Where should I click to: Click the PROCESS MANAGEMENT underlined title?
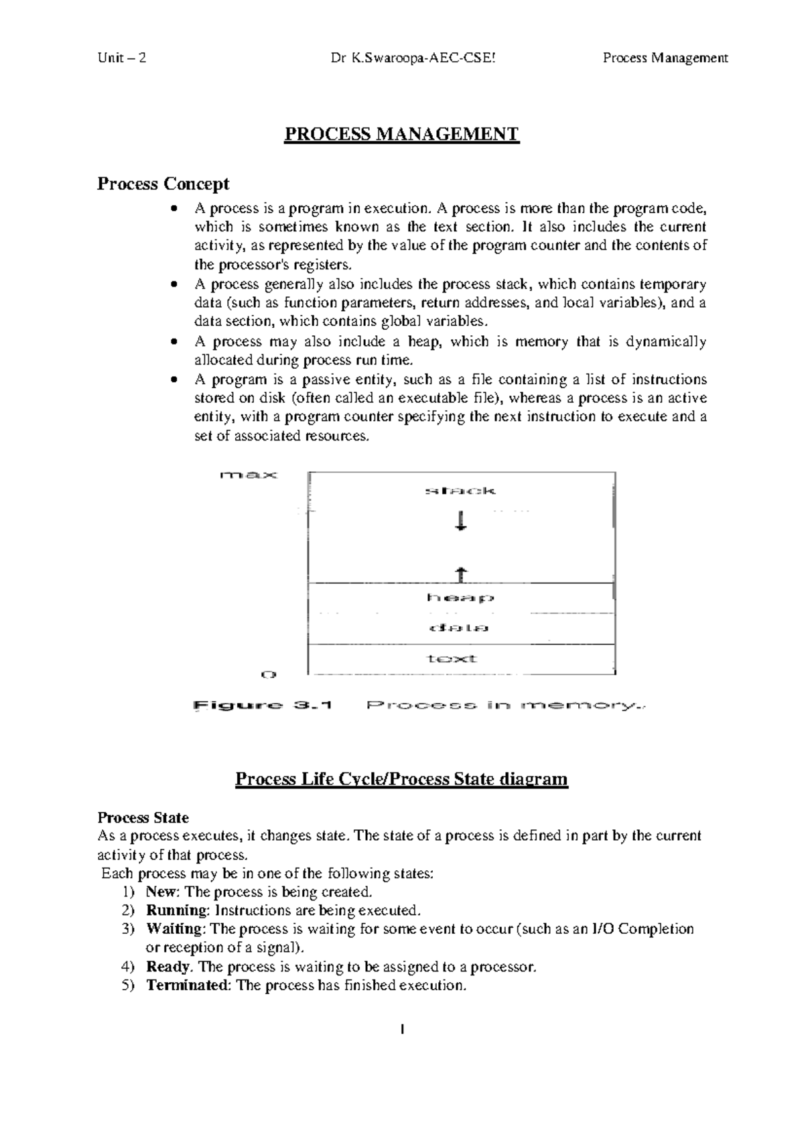(401, 134)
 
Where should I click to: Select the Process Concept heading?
(163, 183)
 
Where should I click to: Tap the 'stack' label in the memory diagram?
(460, 491)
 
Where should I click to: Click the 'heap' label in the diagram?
(460, 597)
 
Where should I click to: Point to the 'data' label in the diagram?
(460, 628)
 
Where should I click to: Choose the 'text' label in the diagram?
(452, 658)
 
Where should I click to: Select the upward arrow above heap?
(460, 574)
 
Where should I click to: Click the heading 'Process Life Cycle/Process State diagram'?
(401, 779)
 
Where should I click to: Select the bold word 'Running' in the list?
(177, 910)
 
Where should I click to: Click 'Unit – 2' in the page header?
(121, 58)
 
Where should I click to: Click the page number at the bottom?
(402, 1028)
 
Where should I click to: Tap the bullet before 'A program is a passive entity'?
(175, 379)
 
